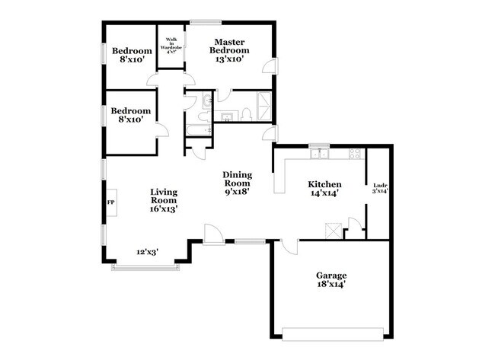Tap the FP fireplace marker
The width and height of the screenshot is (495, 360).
coord(110,202)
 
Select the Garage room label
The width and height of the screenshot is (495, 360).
coord(331,275)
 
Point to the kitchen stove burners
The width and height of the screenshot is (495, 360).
coord(356,155)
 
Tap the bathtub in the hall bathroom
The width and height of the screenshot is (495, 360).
coord(199,130)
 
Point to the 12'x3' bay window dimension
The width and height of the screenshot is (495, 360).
coord(148,252)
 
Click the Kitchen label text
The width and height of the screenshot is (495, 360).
coord(324,184)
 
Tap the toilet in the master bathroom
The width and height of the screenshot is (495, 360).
coord(247,115)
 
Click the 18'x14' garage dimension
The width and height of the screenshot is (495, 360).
coord(331,285)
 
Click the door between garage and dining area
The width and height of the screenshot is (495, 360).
coord(287,245)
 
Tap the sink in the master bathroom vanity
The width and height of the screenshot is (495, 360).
coord(226,116)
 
